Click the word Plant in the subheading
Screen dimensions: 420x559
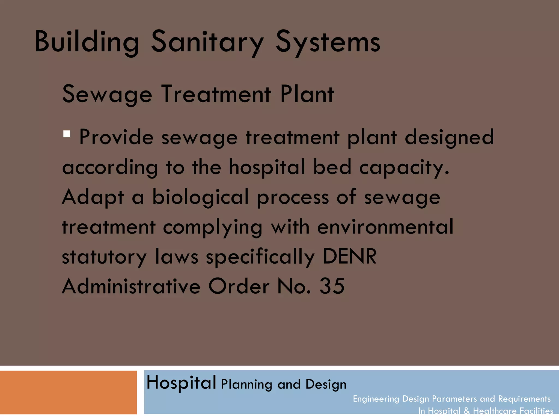pyautogui.click(x=307, y=94)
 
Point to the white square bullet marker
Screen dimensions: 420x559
pyautogui.click(x=67, y=134)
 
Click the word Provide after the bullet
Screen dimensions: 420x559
pyautogui.click(x=117, y=137)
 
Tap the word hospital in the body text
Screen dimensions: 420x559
pyautogui.click(x=266, y=167)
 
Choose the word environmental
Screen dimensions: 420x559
pyautogui.click(x=385, y=227)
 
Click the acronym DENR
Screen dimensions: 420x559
pyautogui.click(x=350, y=256)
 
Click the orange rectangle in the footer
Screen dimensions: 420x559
pyautogui.click(x=68, y=392)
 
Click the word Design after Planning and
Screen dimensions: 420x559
pyautogui.click(x=326, y=384)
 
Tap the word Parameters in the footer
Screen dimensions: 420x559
pyautogui.click(x=454, y=399)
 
